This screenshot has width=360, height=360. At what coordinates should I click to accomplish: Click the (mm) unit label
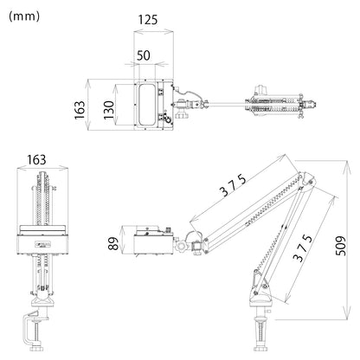tap(24, 16)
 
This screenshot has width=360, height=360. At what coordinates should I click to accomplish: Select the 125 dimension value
tap(148, 20)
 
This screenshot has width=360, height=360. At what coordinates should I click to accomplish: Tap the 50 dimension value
tap(144, 55)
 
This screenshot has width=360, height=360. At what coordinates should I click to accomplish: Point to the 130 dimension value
tap(109, 110)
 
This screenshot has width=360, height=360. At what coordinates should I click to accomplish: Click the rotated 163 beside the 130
tap(80, 110)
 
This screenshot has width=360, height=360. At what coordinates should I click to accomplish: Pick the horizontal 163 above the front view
tap(36, 159)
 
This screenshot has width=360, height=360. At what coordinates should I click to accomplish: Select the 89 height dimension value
tap(113, 243)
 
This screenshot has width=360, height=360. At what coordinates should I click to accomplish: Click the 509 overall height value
tap(341, 246)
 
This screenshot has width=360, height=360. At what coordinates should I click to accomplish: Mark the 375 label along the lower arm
tap(302, 248)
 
